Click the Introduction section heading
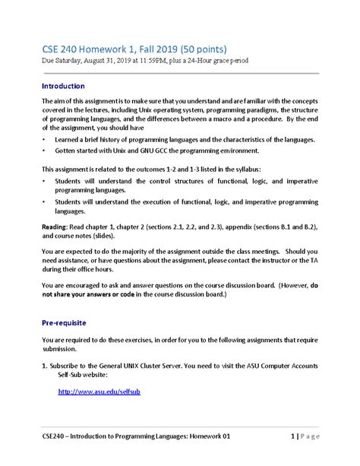tap(63, 86)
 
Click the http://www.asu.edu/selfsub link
tap(99, 391)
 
